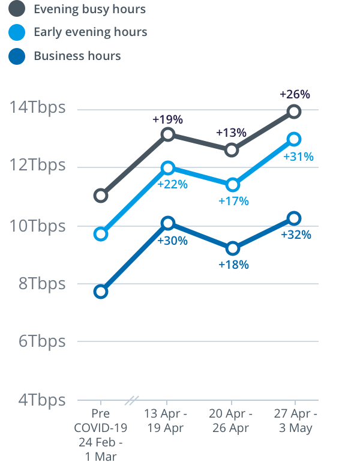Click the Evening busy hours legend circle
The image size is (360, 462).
point(17,9)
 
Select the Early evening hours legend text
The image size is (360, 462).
point(91,32)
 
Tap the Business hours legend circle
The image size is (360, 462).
point(17,56)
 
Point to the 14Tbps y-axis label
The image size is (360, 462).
point(37,109)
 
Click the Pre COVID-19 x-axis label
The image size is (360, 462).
point(101,435)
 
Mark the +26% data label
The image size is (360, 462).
point(295,94)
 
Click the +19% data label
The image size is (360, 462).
point(167,119)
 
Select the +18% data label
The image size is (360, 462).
point(233,264)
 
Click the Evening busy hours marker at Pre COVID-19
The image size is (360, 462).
point(101,195)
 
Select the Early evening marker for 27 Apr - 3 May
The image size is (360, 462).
point(294,139)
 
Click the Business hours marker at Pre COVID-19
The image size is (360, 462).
point(101,292)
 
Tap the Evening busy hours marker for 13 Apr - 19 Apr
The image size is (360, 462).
point(168,134)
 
